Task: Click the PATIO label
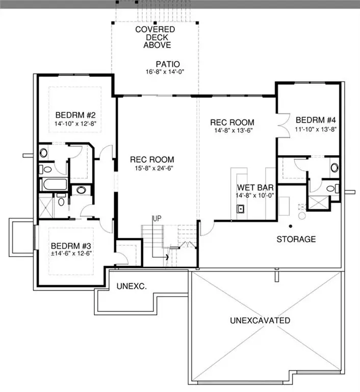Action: [x=168, y=64]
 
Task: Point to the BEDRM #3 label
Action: [x=71, y=246]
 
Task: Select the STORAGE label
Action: [x=296, y=239]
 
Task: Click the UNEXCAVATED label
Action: [x=260, y=321]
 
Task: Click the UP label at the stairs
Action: [x=157, y=218]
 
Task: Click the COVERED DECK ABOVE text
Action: [x=155, y=37]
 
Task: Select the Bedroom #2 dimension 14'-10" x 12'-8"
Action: [x=73, y=123]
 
